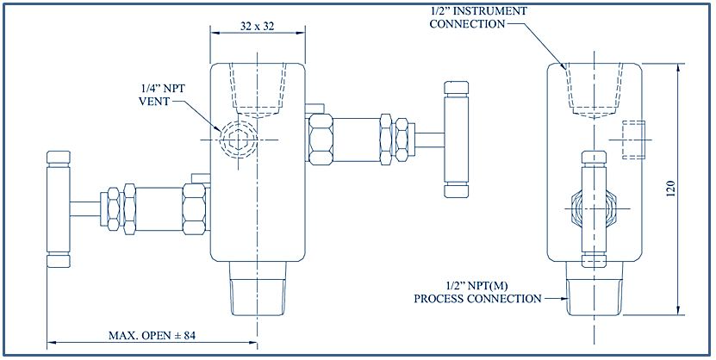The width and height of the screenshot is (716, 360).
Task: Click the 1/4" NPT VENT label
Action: tap(162, 93)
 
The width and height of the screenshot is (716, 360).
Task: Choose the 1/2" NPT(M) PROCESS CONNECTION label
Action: tap(477, 293)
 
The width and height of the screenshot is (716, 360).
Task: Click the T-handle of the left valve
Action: tap(58, 209)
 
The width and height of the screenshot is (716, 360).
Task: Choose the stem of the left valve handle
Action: tap(84, 208)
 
